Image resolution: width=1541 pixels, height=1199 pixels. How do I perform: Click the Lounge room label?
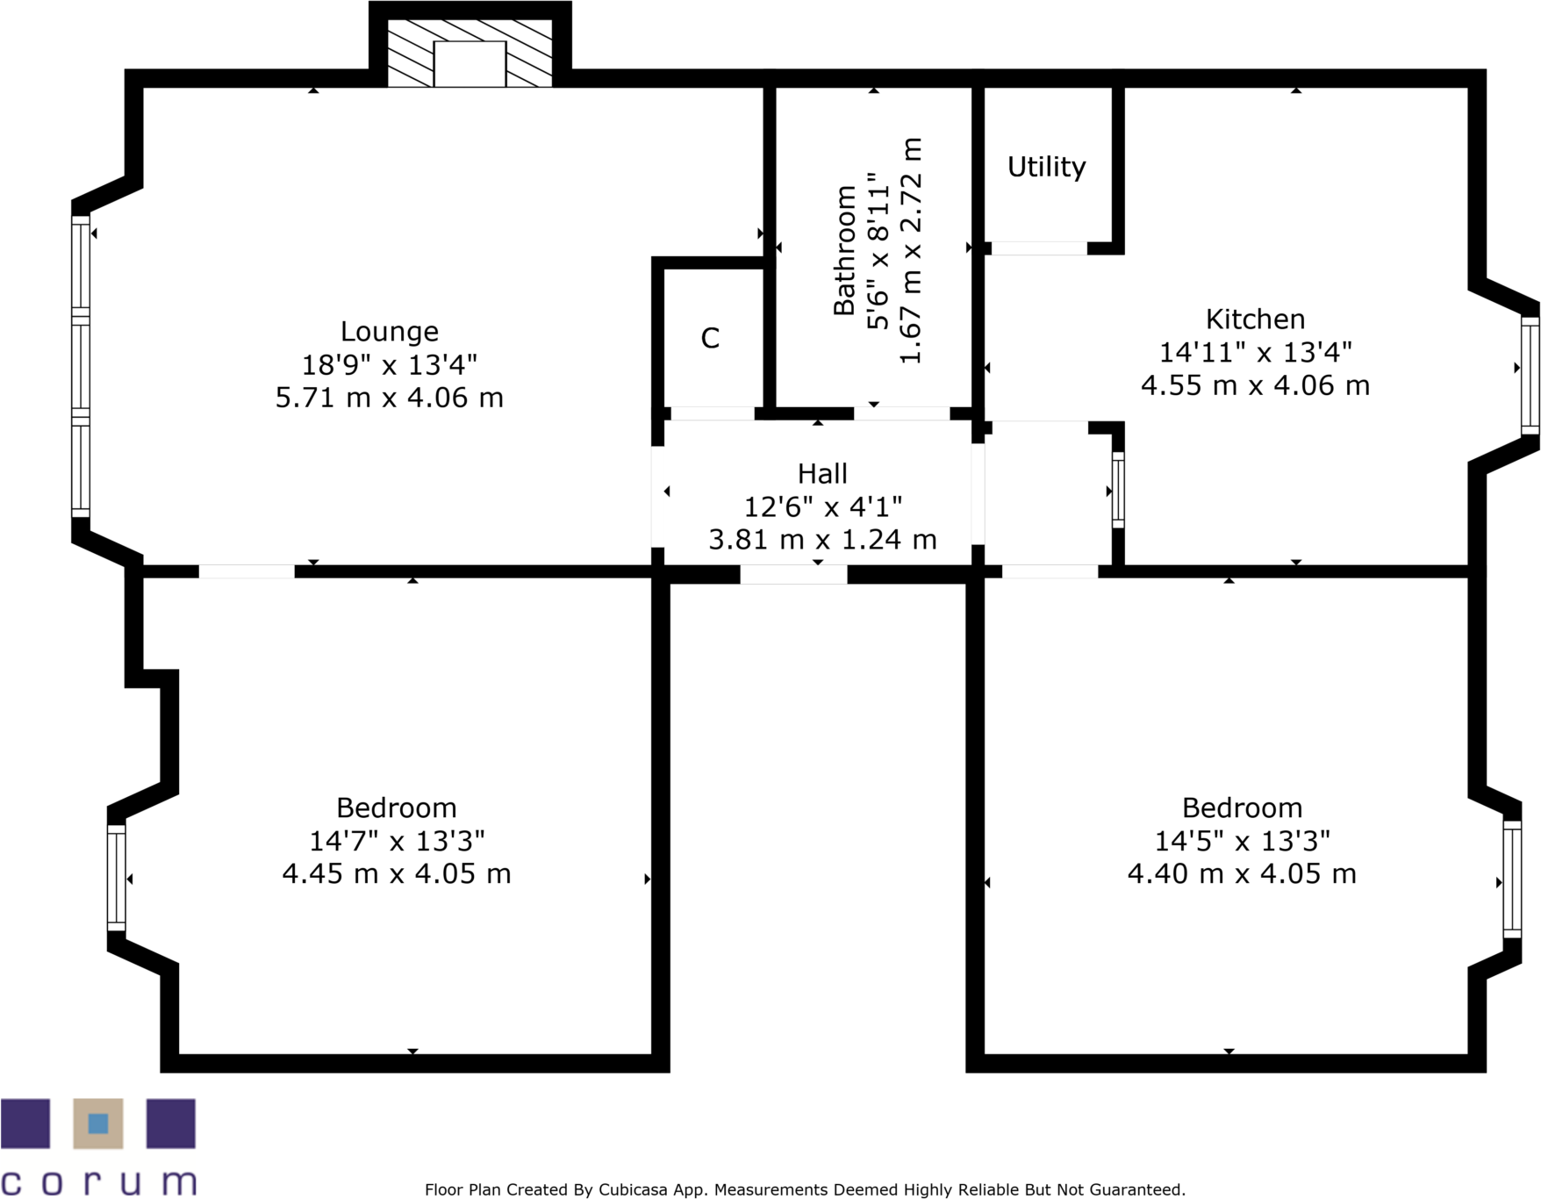tap(389, 332)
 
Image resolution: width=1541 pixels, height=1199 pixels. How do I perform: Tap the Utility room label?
tap(1046, 167)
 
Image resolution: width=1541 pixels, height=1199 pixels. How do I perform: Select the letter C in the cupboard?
tap(710, 338)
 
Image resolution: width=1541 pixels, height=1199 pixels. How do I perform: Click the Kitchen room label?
tap(1255, 319)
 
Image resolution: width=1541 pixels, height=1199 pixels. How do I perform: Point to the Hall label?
tap(822, 474)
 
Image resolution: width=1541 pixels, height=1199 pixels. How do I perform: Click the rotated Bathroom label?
tap(844, 250)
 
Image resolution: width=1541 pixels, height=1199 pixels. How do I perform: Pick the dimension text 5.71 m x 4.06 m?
tap(389, 398)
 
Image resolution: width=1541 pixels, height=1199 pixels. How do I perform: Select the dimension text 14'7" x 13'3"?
tap(397, 841)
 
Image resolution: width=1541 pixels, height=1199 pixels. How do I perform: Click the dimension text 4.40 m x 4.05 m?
tap(1241, 874)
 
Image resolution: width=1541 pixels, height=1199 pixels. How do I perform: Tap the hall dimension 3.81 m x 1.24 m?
tap(822, 540)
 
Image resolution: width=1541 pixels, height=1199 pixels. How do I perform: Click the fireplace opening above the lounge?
tap(469, 63)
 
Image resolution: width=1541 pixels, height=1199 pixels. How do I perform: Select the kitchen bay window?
tap(1530, 376)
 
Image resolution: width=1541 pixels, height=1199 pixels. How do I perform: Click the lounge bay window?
tap(81, 366)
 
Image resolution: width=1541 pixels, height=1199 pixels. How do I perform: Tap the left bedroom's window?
tap(116, 877)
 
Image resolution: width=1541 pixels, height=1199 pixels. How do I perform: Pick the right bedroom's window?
tap(1511, 879)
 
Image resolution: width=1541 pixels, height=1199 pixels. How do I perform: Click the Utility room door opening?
tap(1038, 249)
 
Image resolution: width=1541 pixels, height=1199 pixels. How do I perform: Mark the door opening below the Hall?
tap(793, 575)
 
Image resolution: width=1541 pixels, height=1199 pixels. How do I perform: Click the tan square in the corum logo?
tap(98, 1124)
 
